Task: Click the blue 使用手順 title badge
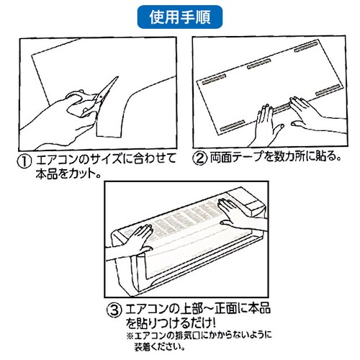(180, 17)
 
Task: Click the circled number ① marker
(24, 161)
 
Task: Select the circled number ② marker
(199, 158)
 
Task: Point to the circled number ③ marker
(114, 310)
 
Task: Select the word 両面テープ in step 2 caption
(237, 157)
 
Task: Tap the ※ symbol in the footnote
(130, 336)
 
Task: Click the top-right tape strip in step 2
(306, 47)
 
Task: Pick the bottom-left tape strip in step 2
(233, 126)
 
